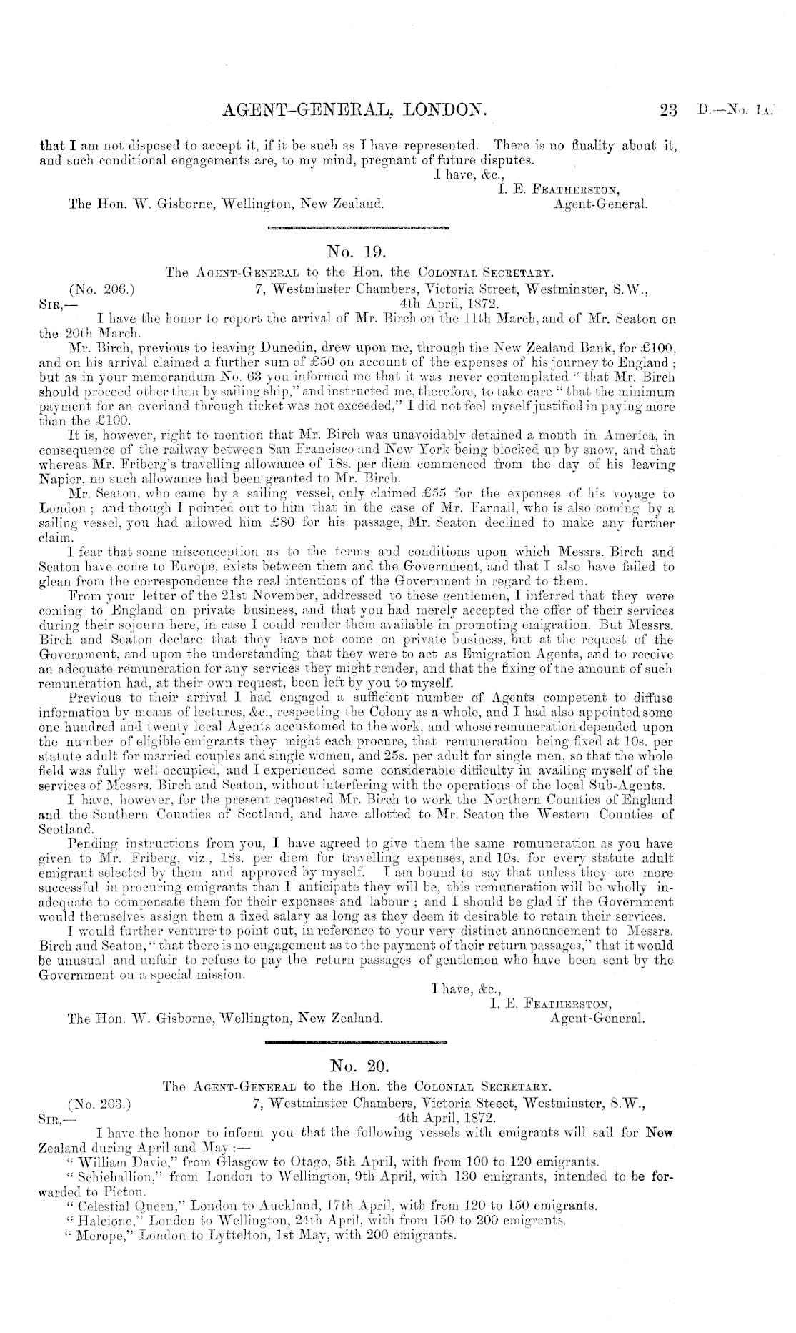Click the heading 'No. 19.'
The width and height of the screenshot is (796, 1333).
(355, 251)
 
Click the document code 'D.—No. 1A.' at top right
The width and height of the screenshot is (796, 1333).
(735, 111)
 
